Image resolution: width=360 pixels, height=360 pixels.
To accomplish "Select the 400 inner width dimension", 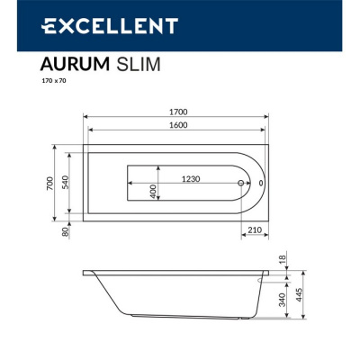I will [154, 190].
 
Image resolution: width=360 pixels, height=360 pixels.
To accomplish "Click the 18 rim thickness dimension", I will [283, 260].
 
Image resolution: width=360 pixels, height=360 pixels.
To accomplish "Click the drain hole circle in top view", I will [241, 183].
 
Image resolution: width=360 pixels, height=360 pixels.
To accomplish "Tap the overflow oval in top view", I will [260, 183].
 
